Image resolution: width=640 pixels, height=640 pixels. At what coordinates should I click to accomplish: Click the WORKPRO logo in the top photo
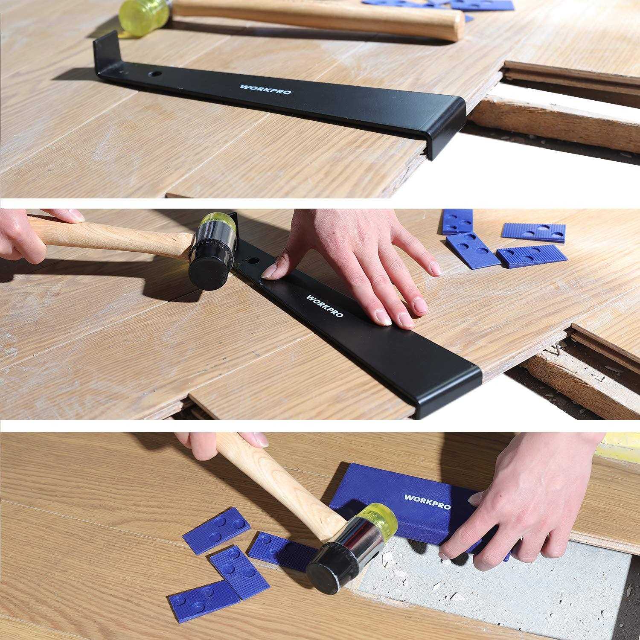tap(266, 90)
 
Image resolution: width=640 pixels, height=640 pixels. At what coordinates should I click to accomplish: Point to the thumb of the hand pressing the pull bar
tap(273, 269)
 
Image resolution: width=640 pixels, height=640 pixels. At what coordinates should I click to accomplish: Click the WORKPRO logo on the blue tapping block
tap(427, 502)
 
